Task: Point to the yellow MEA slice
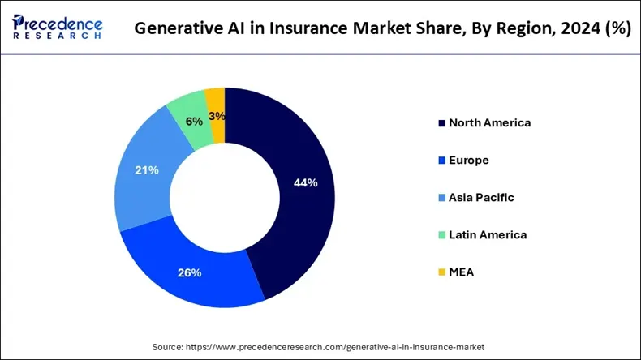pyautogui.click(x=216, y=101)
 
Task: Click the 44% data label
pyautogui.click(x=305, y=183)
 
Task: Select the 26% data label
pyautogui.click(x=190, y=272)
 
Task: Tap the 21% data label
pyautogui.click(x=148, y=170)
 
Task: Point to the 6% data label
pyautogui.click(x=194, y=122)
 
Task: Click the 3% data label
pyautogui.click(x=217, y=116)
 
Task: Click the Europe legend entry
pyautogui.click(x=468, y=161)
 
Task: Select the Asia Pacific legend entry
pyautogui.click(x=481, y=197)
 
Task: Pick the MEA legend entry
pyautogui.click(x=461, y=272)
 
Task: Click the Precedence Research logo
pyautogui.click(x=57, y=26)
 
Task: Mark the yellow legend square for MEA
pyautogui.click(x=441, y=272)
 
